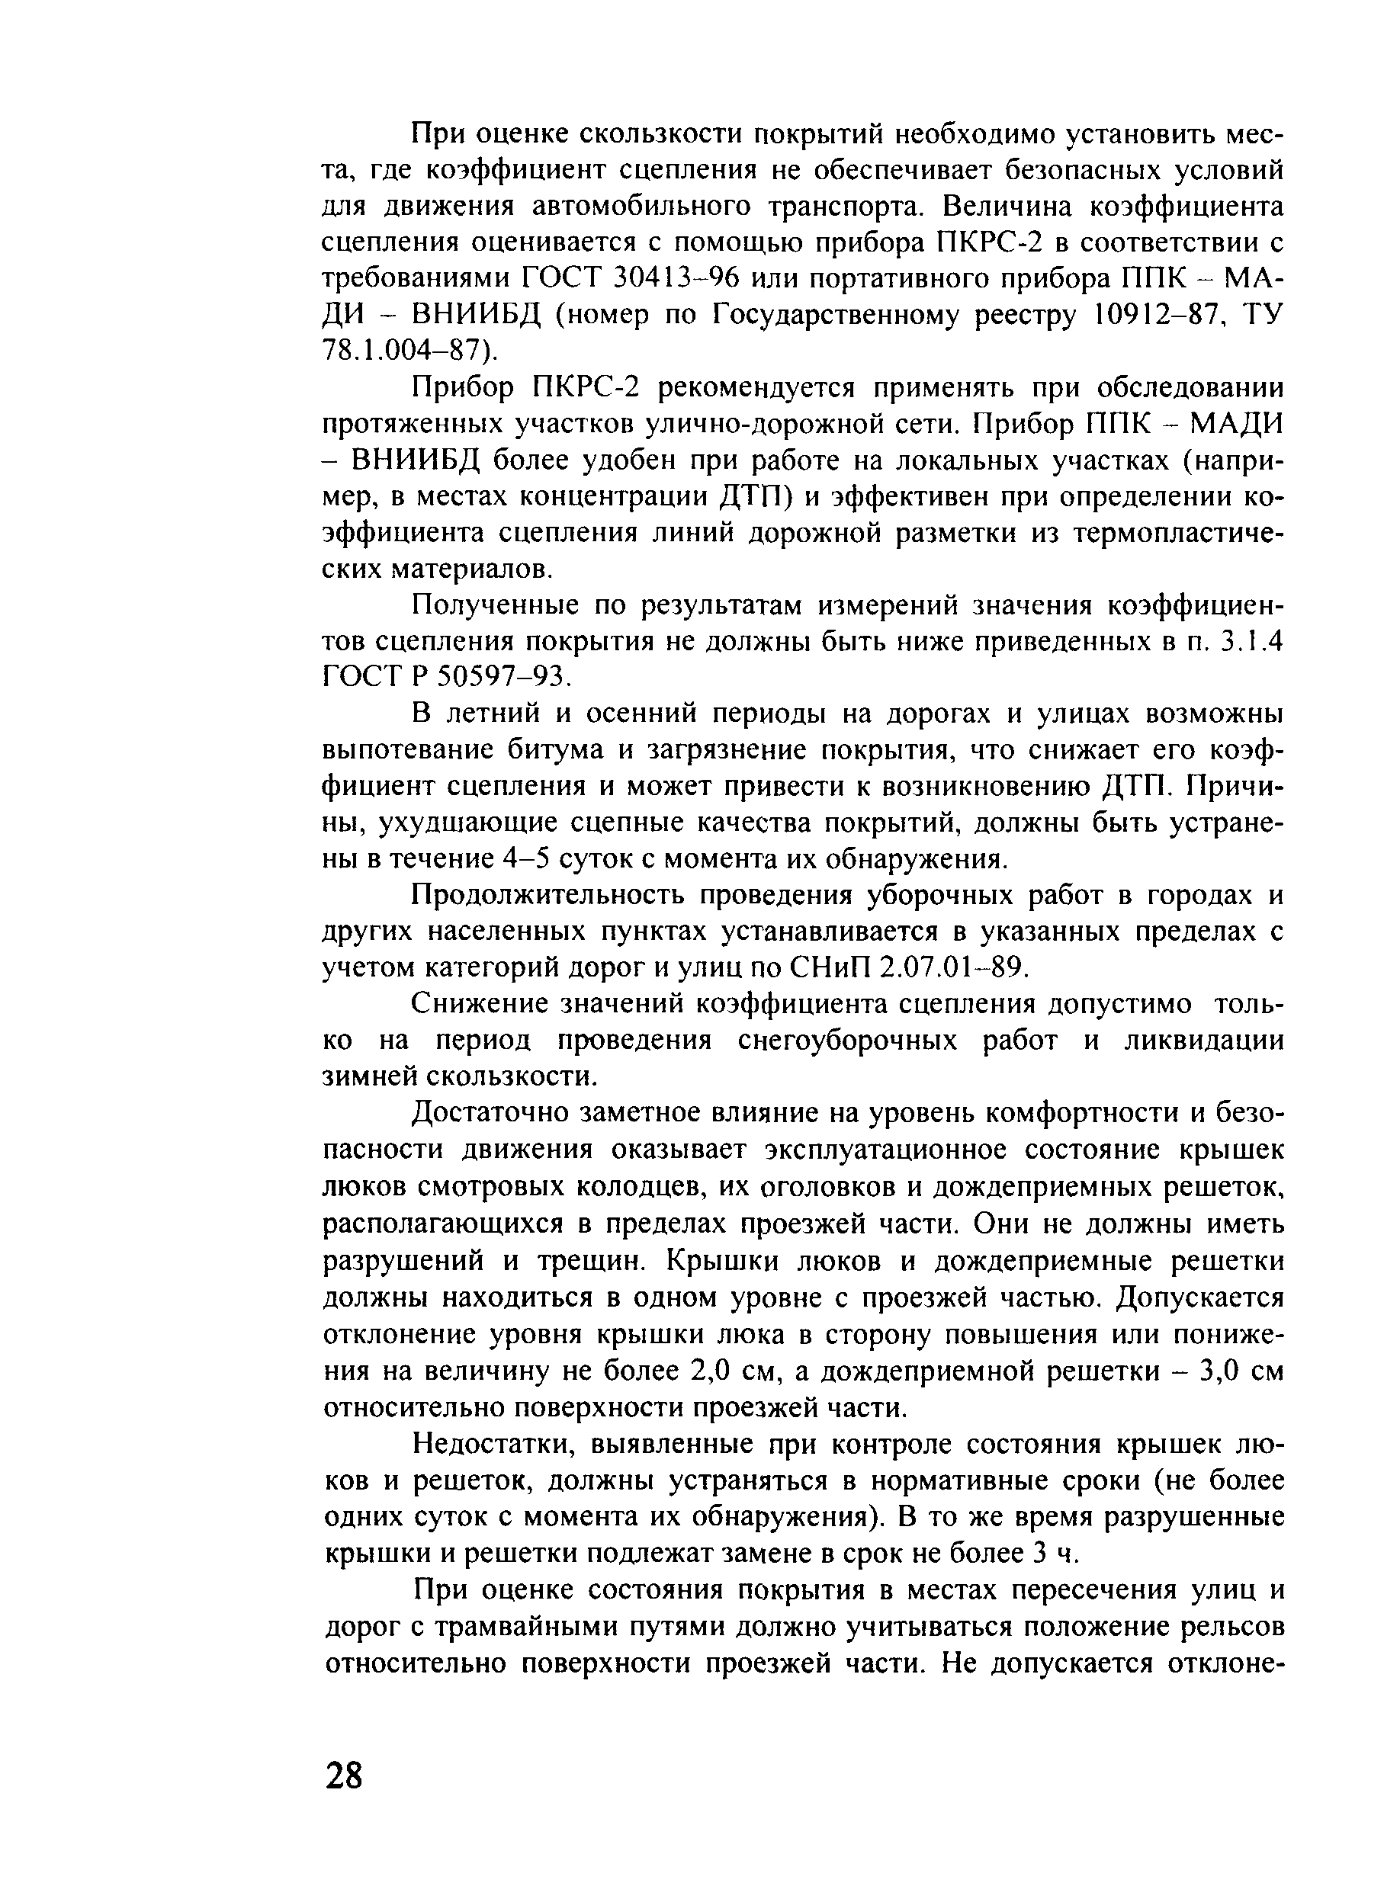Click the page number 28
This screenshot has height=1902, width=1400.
coord(343,1775)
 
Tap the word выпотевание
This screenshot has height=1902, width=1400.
coord(406,751)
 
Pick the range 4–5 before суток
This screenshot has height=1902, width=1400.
coord(526,860)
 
